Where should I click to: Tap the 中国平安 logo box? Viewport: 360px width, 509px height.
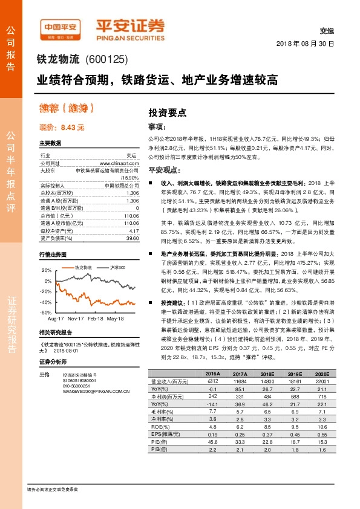(60, 27)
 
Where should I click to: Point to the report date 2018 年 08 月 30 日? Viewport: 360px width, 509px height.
(306, 45)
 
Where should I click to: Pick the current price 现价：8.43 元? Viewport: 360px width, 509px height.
(62, 128)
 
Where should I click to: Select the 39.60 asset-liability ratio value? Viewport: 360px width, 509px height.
(133, 238)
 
